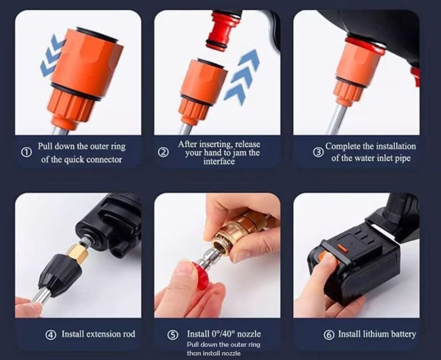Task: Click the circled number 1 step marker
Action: [x=26, y=153]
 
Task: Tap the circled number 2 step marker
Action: [x=163, y=153]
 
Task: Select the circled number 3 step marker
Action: [x=318, y=153]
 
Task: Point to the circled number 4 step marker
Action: [x=51, y=335]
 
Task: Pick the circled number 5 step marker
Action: [x=173, y=335]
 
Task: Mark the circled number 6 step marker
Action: [x=329, y=335]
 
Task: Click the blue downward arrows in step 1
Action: [x=52, y=56]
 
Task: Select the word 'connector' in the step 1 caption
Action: [x=104, y=159]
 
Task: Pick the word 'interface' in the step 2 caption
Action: [x=219, y=162]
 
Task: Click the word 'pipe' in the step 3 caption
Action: [x=403, y=158]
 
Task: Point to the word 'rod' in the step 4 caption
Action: [x=129, y=334]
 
